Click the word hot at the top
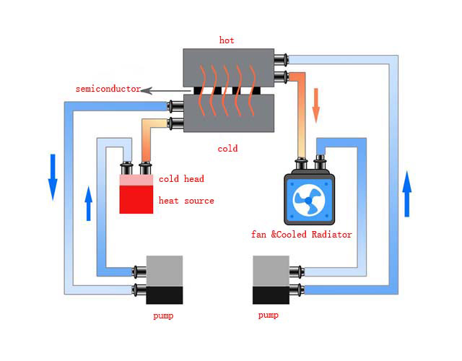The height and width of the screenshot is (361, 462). (x=227, y=40)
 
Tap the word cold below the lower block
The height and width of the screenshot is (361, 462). (x=227, y=149)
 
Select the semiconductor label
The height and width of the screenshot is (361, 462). (x=108, y=89)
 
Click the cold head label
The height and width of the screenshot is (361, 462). (x=181, y=179)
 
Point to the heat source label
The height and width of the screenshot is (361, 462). (x=186, y=200)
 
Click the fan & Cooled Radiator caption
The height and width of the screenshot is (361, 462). (x=301, y=235)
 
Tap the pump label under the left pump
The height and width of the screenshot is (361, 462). (x=163, y=316)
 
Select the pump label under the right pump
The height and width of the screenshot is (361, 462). (x=269, y=316)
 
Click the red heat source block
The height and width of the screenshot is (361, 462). (x=136, y=199)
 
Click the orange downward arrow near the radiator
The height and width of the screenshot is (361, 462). (x=315, y=105)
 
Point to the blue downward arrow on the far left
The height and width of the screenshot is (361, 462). (x=53, y=176)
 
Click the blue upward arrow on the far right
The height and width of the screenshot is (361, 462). (x=407, y=193)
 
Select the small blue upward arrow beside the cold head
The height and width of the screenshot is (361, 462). (x=88, y=203)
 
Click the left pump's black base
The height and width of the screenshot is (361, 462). (x=165, y=295)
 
